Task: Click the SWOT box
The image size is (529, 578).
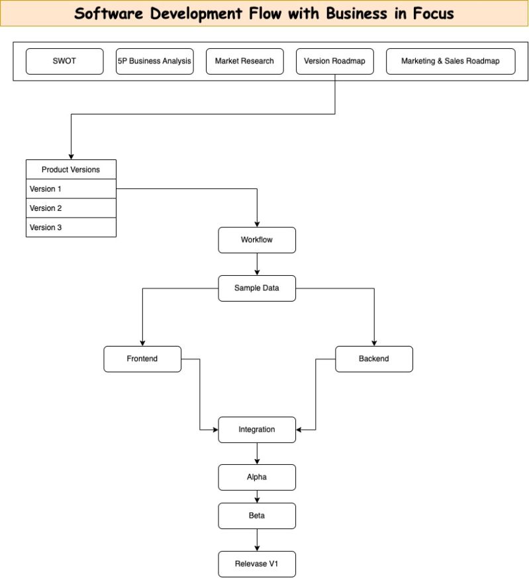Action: [x=64, y=61]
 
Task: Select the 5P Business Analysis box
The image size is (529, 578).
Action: [x=154, y=61]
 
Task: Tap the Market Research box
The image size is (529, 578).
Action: [x=244, y=61]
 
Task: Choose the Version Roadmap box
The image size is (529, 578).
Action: [x=334, y=61]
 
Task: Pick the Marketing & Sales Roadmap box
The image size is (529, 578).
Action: [x=450, y=61]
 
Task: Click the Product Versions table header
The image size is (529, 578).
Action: [x=71, y=169]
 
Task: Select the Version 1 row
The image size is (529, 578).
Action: [x=71, y=188]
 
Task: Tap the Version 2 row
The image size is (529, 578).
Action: [x=71, y=208]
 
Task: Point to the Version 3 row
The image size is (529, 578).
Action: [x=71, y=227]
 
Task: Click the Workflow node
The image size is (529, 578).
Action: [x=257, y=240]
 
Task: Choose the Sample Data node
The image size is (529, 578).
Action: [x=257, y=288]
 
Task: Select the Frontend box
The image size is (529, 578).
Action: [x=142, y=359]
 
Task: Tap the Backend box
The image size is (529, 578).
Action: [x=374, y=359]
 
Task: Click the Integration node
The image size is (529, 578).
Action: [x=257, y=430]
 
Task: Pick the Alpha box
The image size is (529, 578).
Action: [x=257, y=477]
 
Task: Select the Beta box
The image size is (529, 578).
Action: [x=257, y=516]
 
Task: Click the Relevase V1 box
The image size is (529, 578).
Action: [x=257, y=564]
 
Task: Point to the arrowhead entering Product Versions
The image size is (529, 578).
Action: [x=71, y=155]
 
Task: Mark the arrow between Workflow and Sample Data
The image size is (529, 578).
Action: [x=257, y=265]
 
